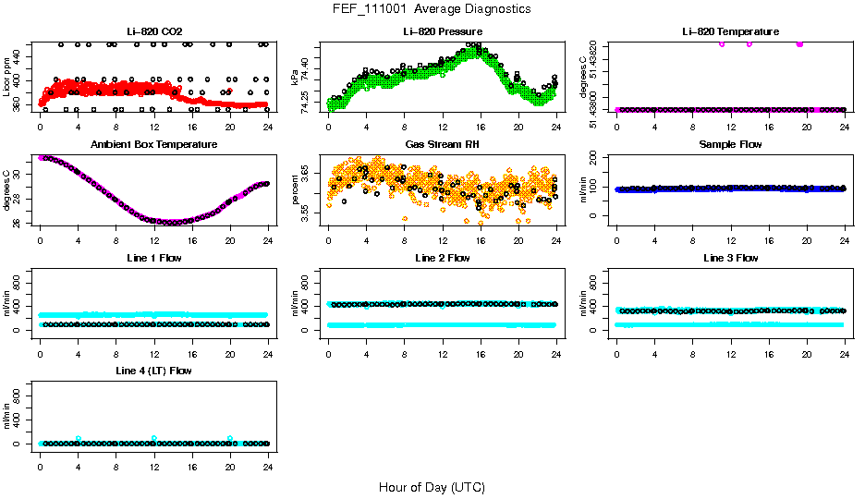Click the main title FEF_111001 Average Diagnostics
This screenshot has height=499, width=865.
tap(432, 8)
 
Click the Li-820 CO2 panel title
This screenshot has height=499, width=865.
tap(153, 31)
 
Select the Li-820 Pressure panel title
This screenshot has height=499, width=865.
tap(442, 31)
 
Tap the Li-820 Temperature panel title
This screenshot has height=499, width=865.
tap(730, 31)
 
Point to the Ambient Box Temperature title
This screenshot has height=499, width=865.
tap(153, 144)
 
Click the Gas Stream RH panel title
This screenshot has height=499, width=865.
tap(442, 144)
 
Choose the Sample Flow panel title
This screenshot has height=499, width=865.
tap(730, 144)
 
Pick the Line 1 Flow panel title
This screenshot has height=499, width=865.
tap(153, 258)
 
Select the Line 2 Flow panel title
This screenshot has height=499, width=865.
tap(442, 258)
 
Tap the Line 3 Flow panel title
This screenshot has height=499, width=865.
tap(730, 258)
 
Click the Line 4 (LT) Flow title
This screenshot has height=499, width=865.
tap(153, 371)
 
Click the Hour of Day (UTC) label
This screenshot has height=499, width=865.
tap(432, 486)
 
